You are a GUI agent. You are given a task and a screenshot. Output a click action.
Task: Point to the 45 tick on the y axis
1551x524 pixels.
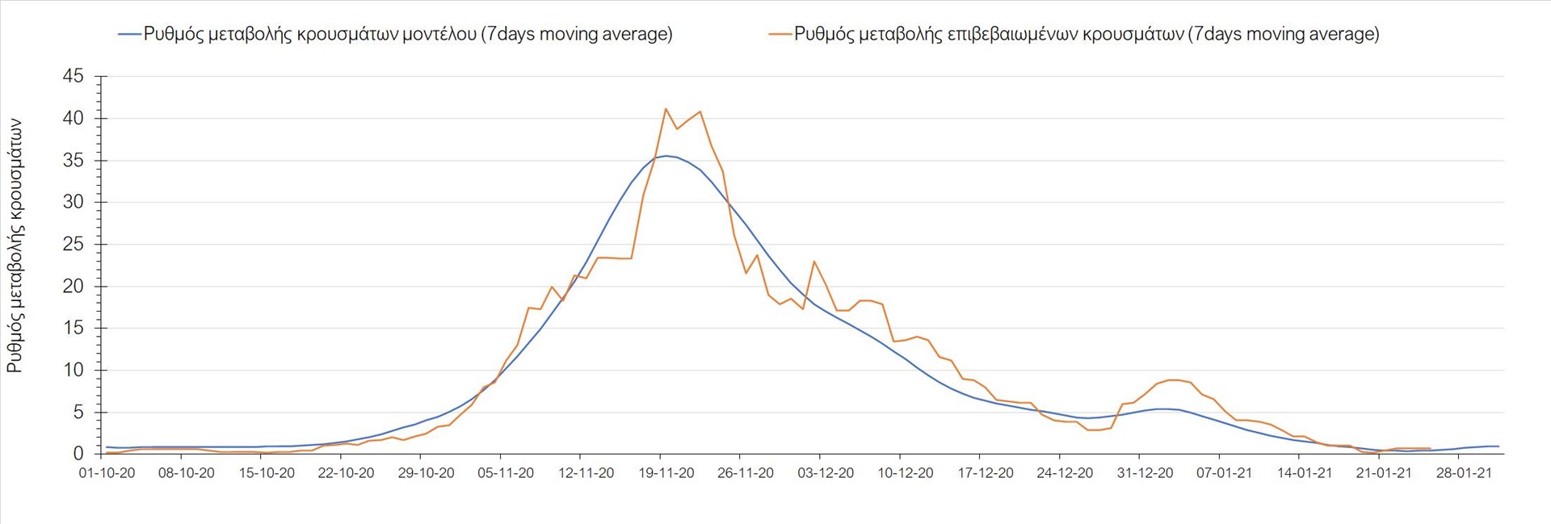(74, 77)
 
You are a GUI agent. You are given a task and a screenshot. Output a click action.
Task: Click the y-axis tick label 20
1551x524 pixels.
(74, 286)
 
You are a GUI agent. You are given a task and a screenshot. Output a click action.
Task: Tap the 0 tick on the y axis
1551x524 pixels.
(78, 454)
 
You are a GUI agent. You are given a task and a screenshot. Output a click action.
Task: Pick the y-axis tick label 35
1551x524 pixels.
(74, 161)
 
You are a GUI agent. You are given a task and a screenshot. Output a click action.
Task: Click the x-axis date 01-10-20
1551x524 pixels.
(107, 473)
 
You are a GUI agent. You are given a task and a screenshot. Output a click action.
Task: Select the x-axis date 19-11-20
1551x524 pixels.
(666, 473)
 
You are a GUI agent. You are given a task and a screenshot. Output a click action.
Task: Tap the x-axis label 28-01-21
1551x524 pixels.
(1464, 473)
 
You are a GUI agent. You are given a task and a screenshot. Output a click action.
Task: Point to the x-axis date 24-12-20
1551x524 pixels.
(1065, 473)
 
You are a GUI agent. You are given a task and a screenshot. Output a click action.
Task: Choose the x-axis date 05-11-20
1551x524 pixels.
(506, 473)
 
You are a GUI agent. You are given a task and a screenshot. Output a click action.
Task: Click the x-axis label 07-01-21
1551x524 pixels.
(1224, 473)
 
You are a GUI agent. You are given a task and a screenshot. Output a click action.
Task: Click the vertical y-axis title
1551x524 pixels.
(15, 246)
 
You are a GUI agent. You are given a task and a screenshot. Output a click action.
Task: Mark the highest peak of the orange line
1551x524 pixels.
(665, 108)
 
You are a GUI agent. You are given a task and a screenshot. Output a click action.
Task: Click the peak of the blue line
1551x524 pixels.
(665, 156)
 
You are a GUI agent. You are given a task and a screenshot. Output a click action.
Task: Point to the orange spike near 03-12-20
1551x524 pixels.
(814, 262)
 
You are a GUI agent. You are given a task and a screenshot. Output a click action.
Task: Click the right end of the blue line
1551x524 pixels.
(1498, 446)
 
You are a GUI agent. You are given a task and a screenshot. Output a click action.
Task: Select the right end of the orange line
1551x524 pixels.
(1430, 449)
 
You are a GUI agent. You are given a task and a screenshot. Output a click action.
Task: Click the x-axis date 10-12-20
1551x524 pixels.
(906, 473)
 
